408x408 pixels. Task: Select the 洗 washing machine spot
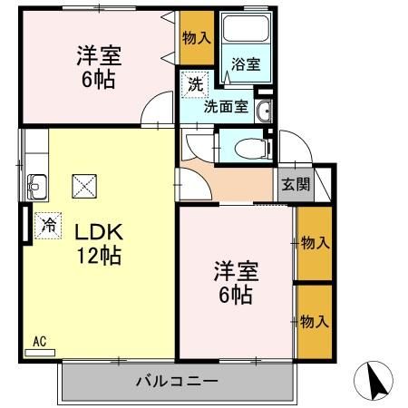(x=195, y=84)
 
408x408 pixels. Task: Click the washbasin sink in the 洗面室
(x=264, y=112)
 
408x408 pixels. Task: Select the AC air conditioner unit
(x=41, y=346)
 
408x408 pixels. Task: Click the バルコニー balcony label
(x=178, y=381)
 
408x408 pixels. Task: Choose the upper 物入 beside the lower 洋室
(x=314, y=243)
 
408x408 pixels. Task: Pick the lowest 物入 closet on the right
(x=314, y=322)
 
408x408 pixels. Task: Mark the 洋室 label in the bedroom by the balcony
(x=235, y=271)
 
